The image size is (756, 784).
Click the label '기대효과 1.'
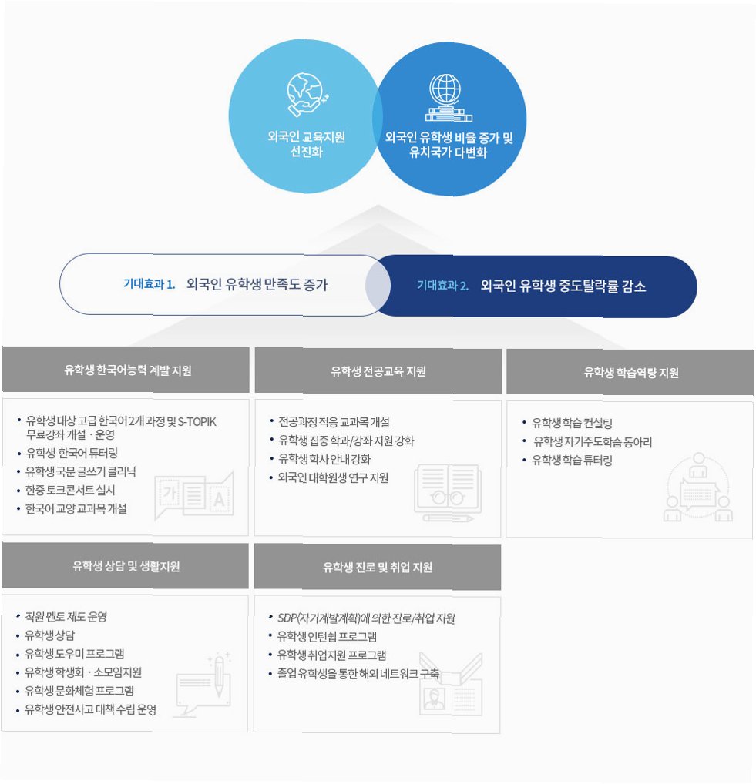tap(150, 285)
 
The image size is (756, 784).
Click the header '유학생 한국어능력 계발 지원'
tap(128, 370)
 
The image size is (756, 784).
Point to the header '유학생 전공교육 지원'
tap(378, 371)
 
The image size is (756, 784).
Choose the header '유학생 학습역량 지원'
tap(630, 373)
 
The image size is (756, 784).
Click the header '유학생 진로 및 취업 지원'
tap(378, 568)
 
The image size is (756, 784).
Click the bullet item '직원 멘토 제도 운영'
tap(66, 617)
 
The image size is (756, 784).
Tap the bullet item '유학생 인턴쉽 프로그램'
tap(327, 637)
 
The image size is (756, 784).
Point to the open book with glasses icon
tap(447, 492)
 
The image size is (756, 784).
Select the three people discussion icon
tap(697, 491)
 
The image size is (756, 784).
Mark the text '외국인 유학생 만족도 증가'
tap(257, 285)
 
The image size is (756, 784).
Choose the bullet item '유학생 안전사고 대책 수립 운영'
tap(90, 709)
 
